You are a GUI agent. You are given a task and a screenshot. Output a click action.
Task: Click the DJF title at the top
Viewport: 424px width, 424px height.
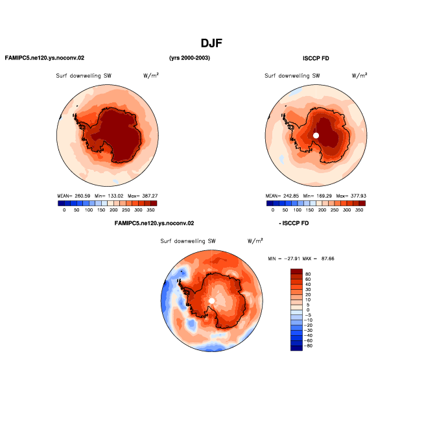211,43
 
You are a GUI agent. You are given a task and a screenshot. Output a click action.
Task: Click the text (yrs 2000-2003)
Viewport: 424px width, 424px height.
189,58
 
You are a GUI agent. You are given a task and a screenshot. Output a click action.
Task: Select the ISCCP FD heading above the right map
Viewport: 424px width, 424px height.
316,58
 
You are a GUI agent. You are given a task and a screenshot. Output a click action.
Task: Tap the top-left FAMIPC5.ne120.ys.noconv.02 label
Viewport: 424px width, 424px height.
45,58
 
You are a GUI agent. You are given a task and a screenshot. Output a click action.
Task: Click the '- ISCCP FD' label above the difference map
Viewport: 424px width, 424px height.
294,223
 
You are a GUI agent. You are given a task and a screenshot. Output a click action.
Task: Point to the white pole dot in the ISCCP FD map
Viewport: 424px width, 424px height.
316,135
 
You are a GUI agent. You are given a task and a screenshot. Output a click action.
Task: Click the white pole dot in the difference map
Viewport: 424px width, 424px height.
212,301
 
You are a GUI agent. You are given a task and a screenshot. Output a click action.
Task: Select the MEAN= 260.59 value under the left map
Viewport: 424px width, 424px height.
73,196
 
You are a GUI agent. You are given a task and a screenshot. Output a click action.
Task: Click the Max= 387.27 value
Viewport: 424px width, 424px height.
143,196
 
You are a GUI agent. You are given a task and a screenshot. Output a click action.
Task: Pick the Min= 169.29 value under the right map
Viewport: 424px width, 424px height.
318,196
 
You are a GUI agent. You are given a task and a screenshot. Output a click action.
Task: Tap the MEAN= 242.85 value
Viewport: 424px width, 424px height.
282,196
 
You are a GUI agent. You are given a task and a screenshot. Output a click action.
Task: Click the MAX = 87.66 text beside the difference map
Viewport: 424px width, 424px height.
318,259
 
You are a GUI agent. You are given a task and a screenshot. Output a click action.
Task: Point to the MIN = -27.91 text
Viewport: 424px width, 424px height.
284,259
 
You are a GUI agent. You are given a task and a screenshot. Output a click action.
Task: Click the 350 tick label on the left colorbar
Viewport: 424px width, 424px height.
150,210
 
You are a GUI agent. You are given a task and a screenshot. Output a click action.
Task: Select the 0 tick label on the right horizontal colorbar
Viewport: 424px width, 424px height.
272,210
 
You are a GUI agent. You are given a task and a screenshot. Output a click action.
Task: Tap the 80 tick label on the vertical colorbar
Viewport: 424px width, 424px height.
308,274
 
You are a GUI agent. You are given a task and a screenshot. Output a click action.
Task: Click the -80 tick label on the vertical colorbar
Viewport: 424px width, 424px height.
308,346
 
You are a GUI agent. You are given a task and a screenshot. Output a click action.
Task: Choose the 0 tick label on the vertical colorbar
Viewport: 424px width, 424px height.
308,310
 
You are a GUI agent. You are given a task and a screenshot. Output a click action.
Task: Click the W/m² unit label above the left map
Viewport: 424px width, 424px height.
151,75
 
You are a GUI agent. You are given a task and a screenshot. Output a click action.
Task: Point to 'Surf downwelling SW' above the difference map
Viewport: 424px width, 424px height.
188,241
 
